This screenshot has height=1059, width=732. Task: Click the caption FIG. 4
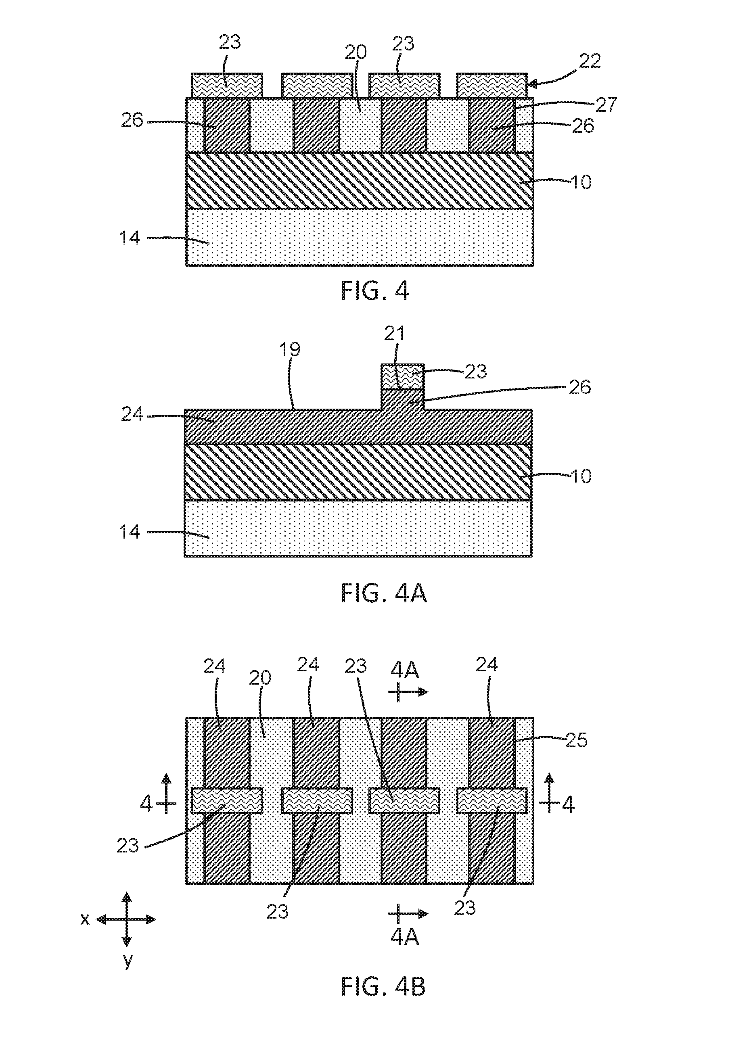coord(375,290)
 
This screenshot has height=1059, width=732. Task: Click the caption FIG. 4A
coord(384,593)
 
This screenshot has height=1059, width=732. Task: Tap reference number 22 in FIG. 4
coord(589,61)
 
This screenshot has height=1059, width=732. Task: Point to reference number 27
coord(607,104)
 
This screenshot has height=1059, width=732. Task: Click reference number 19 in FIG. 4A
coord(290,350)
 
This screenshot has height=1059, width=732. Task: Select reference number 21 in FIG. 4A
coord(394,334)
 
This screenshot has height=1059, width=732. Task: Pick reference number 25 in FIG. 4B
coord(576,740)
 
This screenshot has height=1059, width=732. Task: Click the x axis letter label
coord(85,919)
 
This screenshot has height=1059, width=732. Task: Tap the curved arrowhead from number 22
coord(532,84)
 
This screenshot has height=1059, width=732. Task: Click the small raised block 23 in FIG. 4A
coord(403,376)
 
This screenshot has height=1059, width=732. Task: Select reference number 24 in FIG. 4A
coord(132,414)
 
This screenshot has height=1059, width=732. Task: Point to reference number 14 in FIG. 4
coord(130,238)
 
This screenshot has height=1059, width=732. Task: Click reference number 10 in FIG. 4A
coord(581,476)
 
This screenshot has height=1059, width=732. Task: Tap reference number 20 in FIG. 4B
coord(260,678)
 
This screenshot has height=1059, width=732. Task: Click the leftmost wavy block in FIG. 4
coord(227,85)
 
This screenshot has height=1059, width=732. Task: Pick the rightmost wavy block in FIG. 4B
coord(491,800)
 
